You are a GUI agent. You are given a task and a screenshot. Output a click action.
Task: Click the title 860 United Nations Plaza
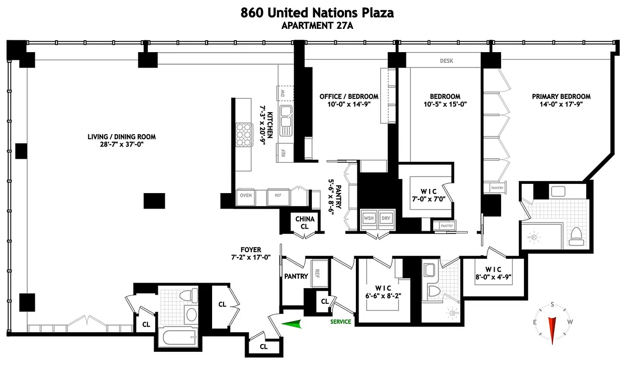[x=317, y=13]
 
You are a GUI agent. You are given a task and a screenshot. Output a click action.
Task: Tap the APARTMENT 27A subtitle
[x=317, y=26]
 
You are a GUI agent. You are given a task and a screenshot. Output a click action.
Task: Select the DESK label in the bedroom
[x=446, y=61]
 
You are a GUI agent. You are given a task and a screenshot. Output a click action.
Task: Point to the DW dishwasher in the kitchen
[x=284, y=93]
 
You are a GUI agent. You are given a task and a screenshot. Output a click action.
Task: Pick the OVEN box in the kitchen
[x=245, y=196]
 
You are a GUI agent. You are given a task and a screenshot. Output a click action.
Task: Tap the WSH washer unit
[x=369, y=218]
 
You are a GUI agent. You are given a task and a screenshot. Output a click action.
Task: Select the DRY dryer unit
[x=386, y=218]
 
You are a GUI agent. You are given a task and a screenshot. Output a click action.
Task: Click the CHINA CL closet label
[x=305, y=223]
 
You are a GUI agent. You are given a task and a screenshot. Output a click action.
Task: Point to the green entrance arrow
[x=293, y=324]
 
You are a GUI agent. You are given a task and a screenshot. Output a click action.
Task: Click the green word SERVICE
[x=341, y=322]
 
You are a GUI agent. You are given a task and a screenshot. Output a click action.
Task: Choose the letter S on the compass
[x=553, y=305]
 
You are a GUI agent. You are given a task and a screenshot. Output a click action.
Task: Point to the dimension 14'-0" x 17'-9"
[x=561, y=104]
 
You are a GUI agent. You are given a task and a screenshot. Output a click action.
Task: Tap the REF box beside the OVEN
[x=278, y=196]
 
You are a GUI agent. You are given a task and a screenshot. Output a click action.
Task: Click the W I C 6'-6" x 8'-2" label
[x=383, y=291]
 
